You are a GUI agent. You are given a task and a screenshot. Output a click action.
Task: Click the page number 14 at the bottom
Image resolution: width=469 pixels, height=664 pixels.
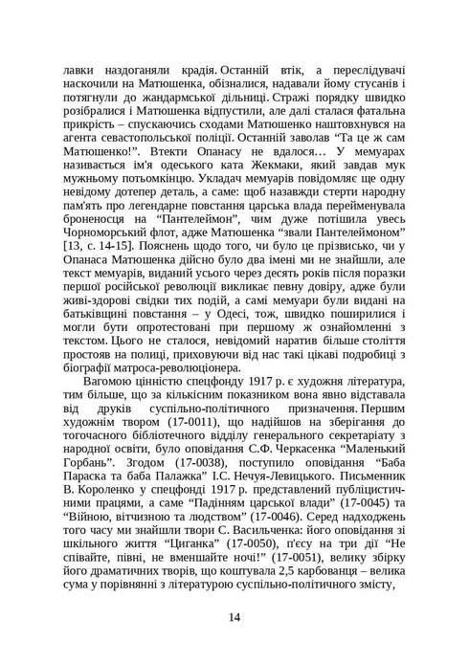click(234, 615)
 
